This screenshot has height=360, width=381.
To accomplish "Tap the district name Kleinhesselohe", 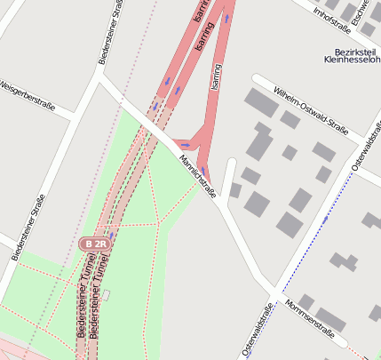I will pos(352,64).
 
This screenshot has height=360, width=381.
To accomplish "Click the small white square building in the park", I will pos(106,295).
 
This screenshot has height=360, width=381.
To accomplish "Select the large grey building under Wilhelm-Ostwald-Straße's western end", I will pos(261,102).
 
